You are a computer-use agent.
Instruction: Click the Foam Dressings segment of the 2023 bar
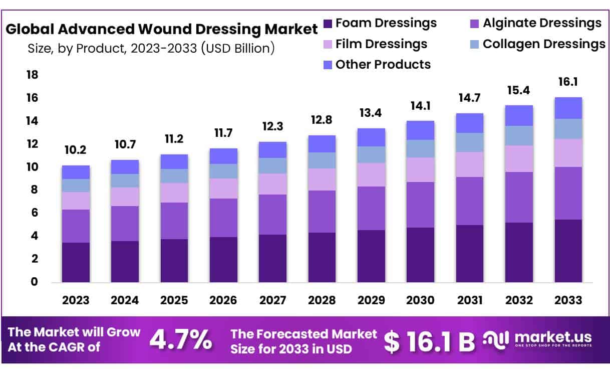coord(76,262)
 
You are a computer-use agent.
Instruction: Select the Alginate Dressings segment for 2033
coord(567,193)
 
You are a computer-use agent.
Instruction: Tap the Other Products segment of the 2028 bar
coord(322,144)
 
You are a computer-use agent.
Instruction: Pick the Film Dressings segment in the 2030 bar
coord(420,169)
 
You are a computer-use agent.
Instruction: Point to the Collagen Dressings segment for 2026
coord(223,171)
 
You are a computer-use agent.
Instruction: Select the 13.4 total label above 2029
coord(371,113)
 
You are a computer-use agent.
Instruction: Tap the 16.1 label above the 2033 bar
coord(567,82)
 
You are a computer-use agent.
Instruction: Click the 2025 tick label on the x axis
coord(174,300)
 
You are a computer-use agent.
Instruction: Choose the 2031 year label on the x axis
coord(469,300)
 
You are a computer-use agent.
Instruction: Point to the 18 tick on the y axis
coord(32,75)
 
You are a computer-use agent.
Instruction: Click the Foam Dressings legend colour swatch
coord(328,24)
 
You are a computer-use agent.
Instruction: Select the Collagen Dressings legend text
coord(543,44)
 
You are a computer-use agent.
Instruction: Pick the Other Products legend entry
coord(383,65)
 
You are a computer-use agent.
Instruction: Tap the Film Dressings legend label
coord(381,44)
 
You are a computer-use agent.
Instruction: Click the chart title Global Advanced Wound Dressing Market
coord(161,29)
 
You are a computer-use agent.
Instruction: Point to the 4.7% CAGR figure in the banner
coord(181,340)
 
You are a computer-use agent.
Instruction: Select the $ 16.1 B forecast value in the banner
coord(429,341)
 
